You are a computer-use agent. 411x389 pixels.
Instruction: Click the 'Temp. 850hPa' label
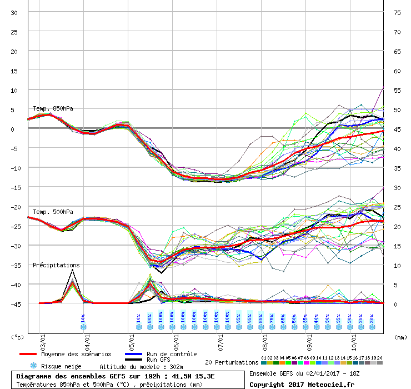(x=53, y=108)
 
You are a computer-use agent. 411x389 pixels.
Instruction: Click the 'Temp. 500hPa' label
(x=53, y=212)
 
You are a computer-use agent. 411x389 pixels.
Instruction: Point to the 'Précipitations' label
(x=56, y=266)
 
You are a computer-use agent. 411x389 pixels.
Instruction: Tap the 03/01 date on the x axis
(x=43, y=337)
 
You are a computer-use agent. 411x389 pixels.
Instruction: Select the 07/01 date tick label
(x=220, y=337)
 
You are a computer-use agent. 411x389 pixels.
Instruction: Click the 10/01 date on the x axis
(x=354, y=337)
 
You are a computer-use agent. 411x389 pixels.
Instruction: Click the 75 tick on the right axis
(x=397, y=13)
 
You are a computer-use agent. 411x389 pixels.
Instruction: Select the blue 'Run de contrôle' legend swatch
(x=133, y=354)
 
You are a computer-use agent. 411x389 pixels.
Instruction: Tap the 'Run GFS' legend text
(x=158, y=360)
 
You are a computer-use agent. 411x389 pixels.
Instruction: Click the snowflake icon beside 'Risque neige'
(x=33, y=366)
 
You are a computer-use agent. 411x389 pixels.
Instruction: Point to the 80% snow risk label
(x=150, y=319)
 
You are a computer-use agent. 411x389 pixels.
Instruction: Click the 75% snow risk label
(x=272, y=319)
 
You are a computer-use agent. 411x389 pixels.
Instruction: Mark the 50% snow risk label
(x=294, y=319)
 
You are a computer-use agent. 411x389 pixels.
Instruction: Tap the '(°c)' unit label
(x=18, y=337)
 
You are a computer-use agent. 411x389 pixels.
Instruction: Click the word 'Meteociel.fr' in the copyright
(x=330, y=384)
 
